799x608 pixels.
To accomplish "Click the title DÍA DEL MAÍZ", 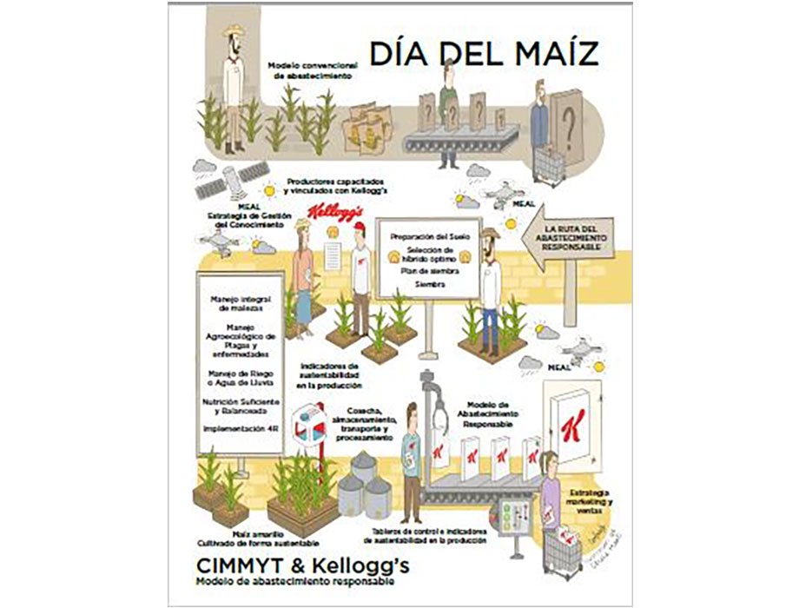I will tap(484, 54).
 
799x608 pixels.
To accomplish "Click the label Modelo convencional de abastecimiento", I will tap(309, 69).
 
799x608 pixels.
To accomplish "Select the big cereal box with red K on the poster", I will tap(571, 426).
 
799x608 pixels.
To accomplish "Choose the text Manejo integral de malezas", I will tap(240, 302).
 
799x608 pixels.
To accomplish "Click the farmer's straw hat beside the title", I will tap(233, 32).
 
